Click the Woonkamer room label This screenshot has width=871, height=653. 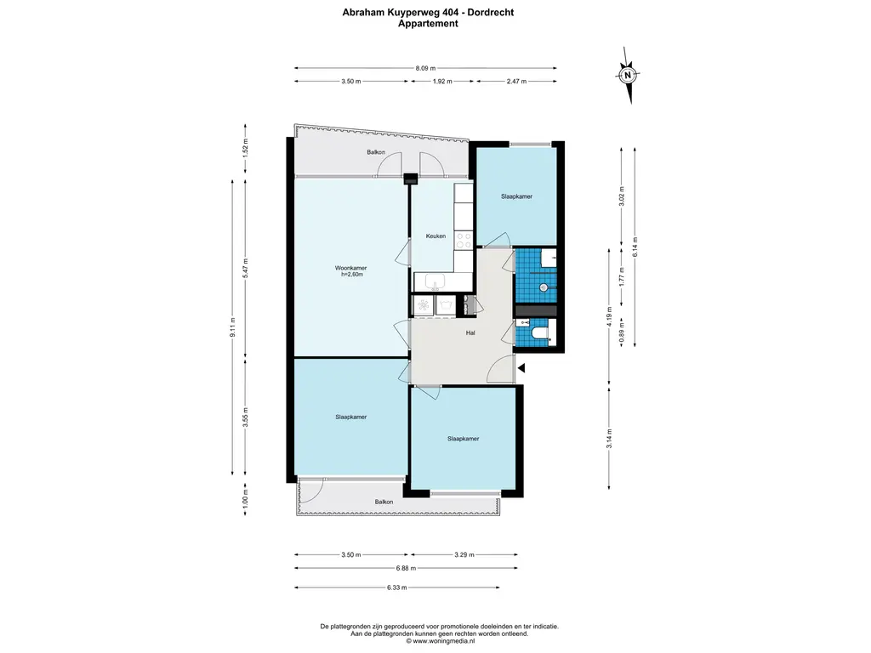350,268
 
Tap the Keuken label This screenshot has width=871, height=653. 435,236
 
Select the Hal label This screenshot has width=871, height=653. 470,333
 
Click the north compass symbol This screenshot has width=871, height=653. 629,75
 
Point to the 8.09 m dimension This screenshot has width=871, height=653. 425,68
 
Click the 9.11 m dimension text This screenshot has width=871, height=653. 233,327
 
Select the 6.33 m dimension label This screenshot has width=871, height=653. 397,587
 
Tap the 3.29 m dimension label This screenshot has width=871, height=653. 464,554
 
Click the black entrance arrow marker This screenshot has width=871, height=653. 521,367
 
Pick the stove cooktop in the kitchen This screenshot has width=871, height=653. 464,240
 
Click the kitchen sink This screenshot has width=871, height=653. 435,282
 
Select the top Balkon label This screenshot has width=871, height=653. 376,152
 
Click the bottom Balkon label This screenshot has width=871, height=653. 384,502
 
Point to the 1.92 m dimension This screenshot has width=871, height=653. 442,81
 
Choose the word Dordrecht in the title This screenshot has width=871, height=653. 490,12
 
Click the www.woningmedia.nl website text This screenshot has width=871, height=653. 444,641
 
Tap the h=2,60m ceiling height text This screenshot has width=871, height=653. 352,275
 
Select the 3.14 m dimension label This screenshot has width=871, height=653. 609,438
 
